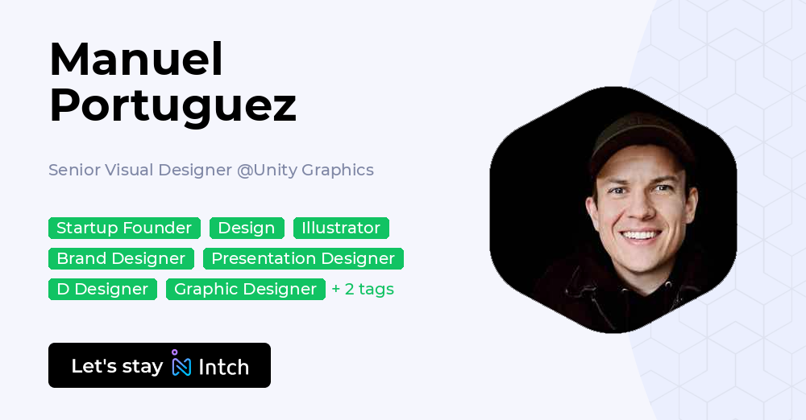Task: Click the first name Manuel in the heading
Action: [x=136, y=60]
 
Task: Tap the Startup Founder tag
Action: [x=124, y=228]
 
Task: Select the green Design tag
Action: [x=247, y=228]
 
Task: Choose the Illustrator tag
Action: [x=341, y=228]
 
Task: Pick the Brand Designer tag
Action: [x=121, y=259]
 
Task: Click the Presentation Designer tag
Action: [x=303, y=259]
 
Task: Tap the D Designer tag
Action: [x=102, y=289]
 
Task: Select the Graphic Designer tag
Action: [x=246, y=289]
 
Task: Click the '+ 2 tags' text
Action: [x=363, y=289]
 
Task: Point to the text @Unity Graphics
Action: [x=305, y=170]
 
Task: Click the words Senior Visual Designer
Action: [x=140, y=170]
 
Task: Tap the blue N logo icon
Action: [x=181, y=366]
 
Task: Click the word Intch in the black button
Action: [x=223, y=367]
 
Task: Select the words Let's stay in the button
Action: [x=117, y=366]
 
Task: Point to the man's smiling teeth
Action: [x=640, y=236]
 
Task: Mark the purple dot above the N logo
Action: [x=175, y=352]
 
